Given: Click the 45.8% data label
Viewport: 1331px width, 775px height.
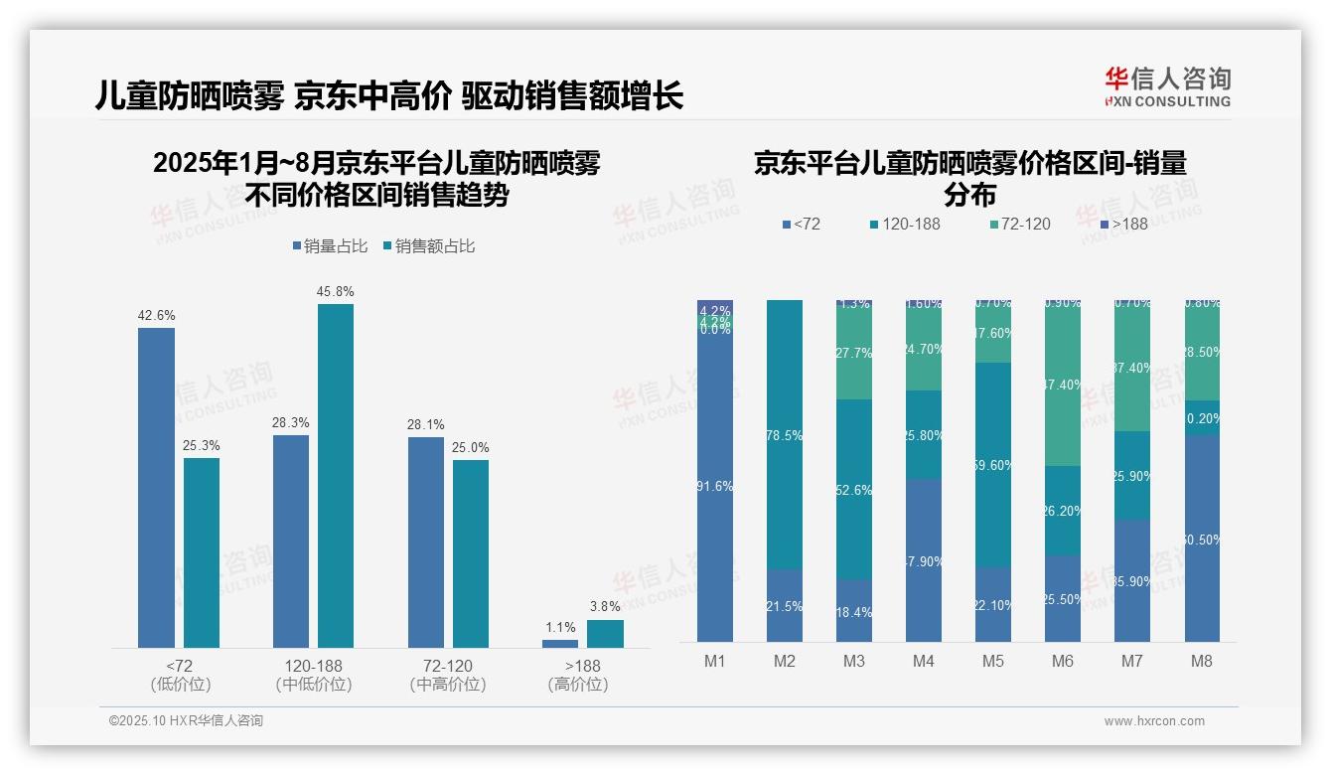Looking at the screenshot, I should [x=336, y=292].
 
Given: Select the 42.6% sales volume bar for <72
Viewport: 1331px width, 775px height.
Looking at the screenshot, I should [x=156, y=487].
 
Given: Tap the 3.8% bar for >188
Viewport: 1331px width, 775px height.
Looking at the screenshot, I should [x=605, y=634].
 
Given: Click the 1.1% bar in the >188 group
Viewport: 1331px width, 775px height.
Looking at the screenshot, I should [x=560, y=644].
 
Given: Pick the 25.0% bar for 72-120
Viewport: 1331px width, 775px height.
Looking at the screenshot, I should [x=471, y=553].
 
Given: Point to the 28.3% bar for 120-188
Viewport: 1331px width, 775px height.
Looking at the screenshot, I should [x=291, y=541].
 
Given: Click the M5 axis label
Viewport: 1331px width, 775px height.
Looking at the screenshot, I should [x=992, y=661].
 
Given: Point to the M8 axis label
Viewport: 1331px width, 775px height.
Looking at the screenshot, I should [x=1201, y=661].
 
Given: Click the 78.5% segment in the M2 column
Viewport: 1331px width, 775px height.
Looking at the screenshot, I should [x=785, y=434].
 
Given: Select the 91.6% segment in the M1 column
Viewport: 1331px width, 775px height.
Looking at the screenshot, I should [x=715, y=487].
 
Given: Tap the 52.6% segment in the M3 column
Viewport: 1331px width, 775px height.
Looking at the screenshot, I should [x=854, y=490].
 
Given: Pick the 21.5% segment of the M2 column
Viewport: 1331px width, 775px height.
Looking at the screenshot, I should [x=785, y=605].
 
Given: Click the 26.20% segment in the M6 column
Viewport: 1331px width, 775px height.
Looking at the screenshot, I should [x=1062, y=510].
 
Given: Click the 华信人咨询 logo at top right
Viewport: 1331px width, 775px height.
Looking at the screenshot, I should [x=1167, y=86].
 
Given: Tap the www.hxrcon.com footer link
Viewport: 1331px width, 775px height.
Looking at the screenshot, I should [x=1153, y=721].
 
